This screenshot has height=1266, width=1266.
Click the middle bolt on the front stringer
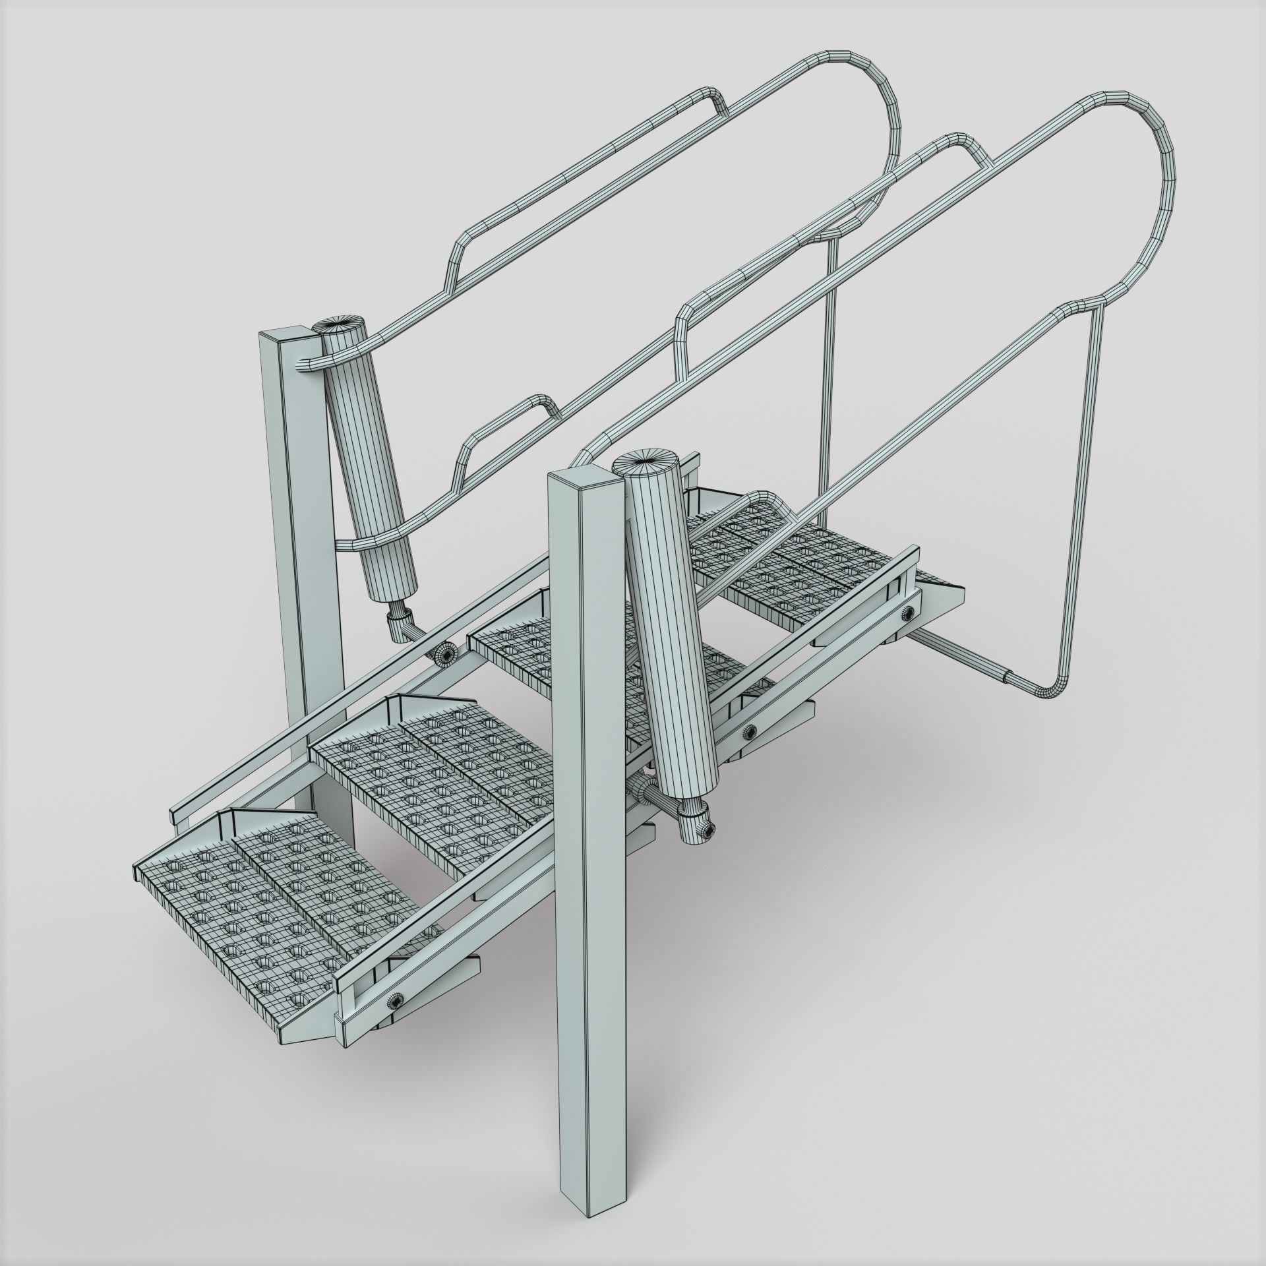[749, 730]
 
